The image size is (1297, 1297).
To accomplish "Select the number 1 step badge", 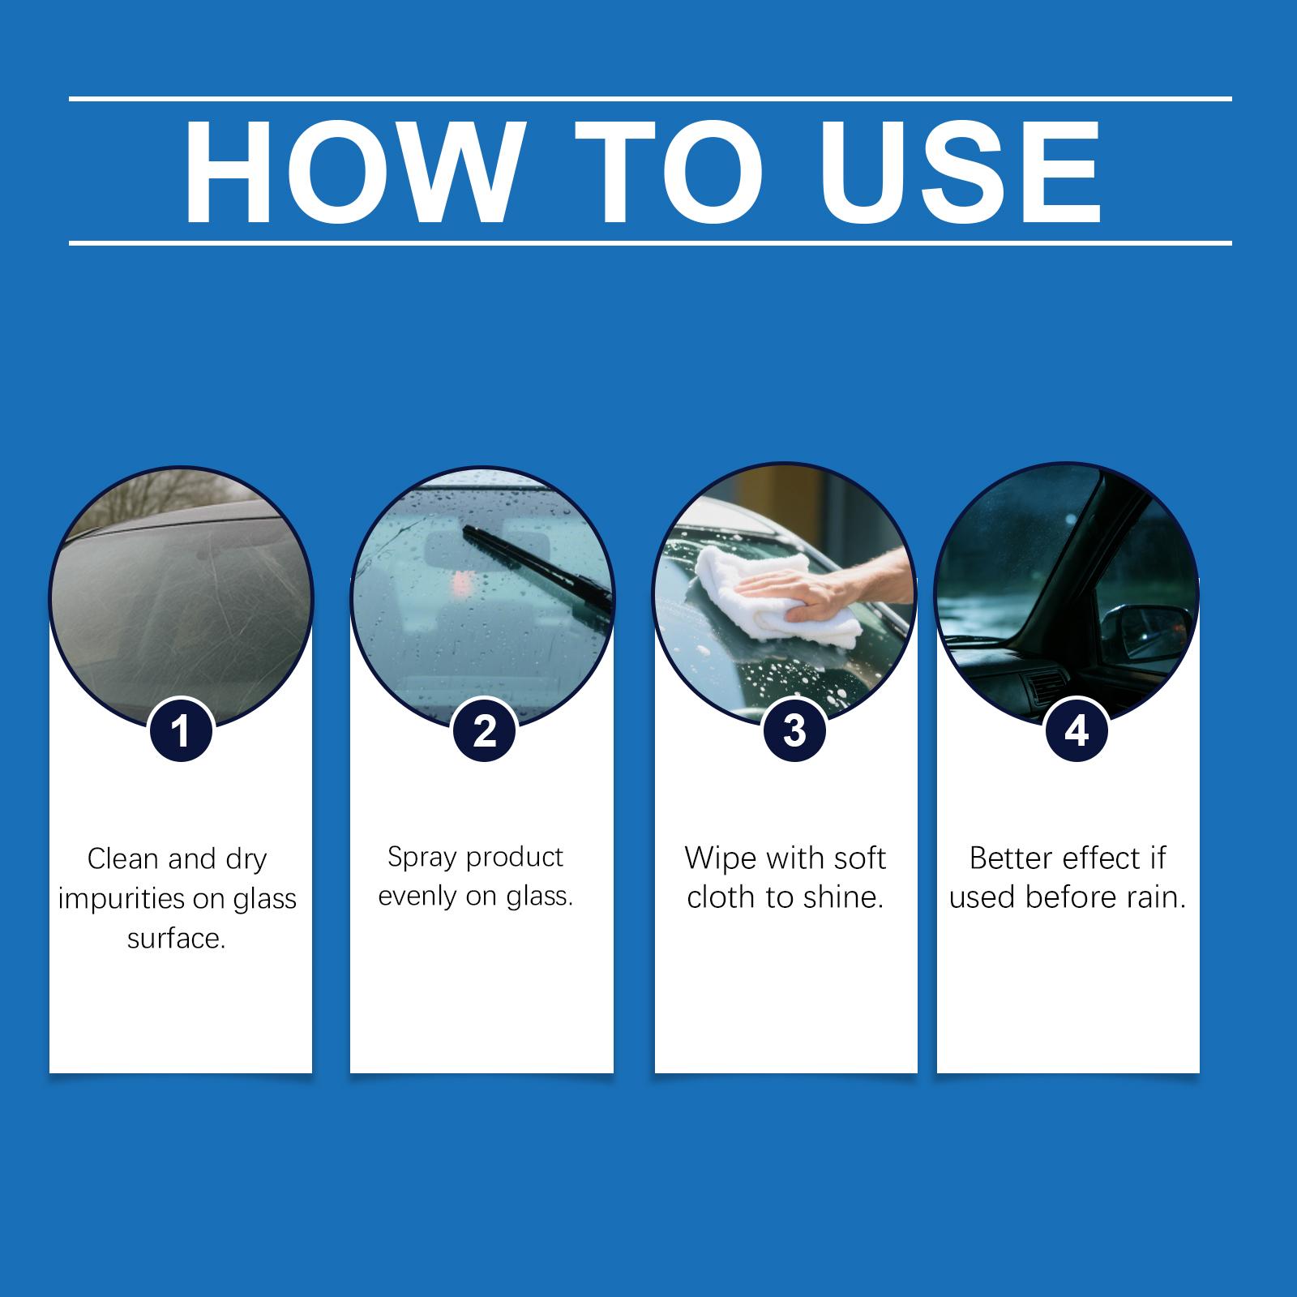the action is click(x=182, y=730).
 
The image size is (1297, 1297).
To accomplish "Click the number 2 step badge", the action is click(x=484, y=730).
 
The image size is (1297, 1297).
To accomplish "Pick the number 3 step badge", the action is click(x=795, y=730).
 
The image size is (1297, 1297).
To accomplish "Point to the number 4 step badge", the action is click(x=1076, y=730).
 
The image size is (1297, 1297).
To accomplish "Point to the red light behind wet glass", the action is click(x=463, y=581).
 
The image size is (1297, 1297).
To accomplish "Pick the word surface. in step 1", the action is click(x=176, y=940).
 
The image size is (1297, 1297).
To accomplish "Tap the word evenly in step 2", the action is click(x=421, y=898).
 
